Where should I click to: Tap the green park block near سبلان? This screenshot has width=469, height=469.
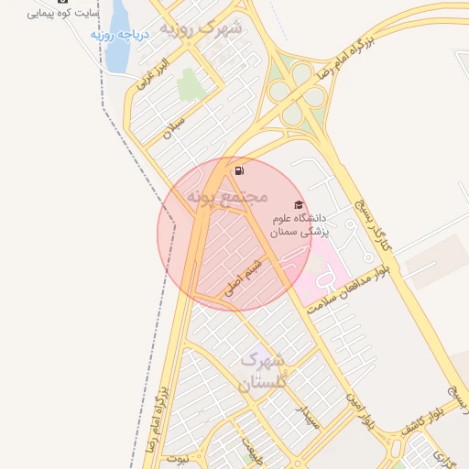pos(191,84)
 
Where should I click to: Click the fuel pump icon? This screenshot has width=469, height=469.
pos(239,170)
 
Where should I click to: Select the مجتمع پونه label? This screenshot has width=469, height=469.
pos(227,196)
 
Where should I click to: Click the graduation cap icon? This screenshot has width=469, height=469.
pos(298,204)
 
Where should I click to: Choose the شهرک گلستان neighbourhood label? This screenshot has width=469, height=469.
pos(263,373)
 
